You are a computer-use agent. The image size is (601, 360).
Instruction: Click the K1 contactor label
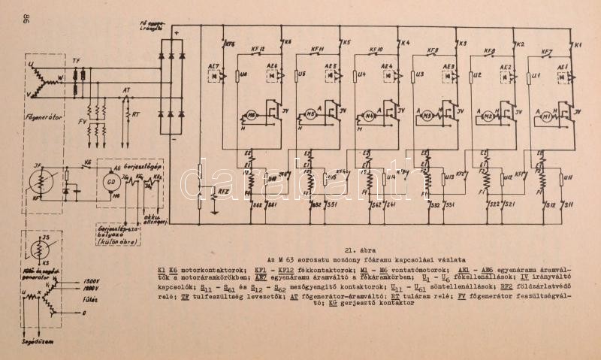pos(578,47)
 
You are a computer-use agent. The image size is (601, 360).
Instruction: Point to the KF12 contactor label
pos(258,51)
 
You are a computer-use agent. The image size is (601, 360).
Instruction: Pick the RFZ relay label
pos(222,192)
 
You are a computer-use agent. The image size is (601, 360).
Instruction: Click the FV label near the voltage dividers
pos(82,119)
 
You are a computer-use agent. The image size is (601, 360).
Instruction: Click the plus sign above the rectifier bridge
pos(175,34)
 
